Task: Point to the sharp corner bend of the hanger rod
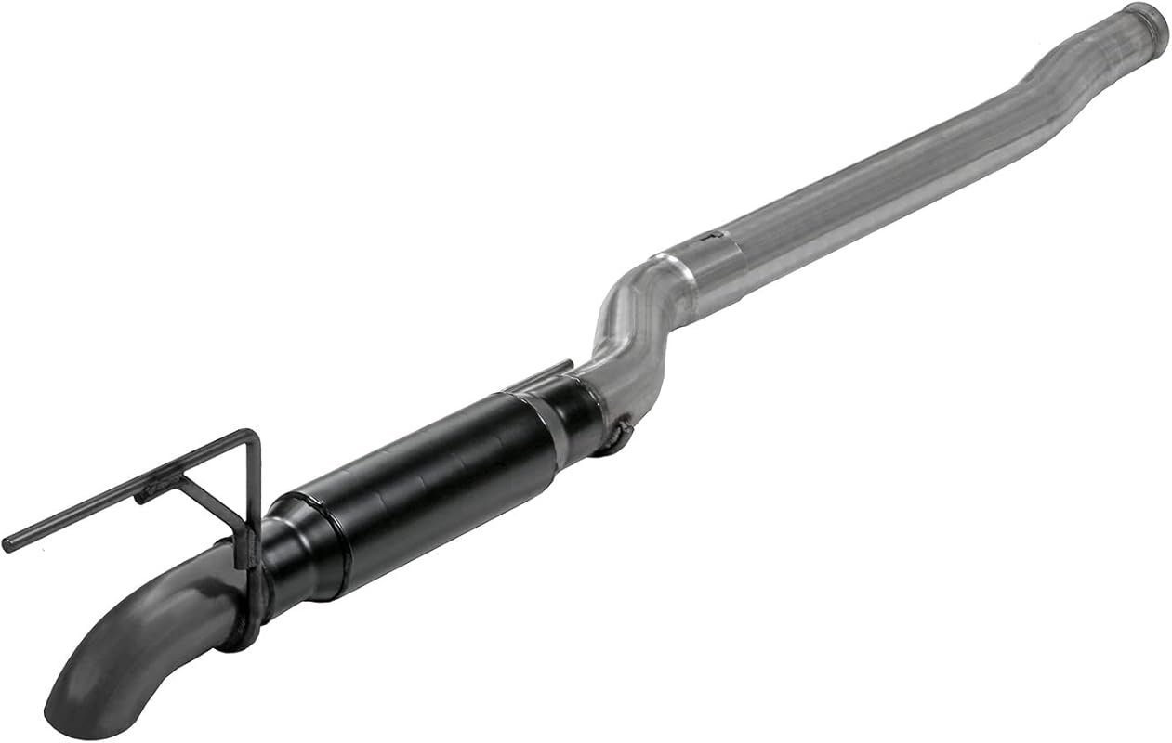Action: (252, 435)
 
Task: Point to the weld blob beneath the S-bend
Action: (621, 433)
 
